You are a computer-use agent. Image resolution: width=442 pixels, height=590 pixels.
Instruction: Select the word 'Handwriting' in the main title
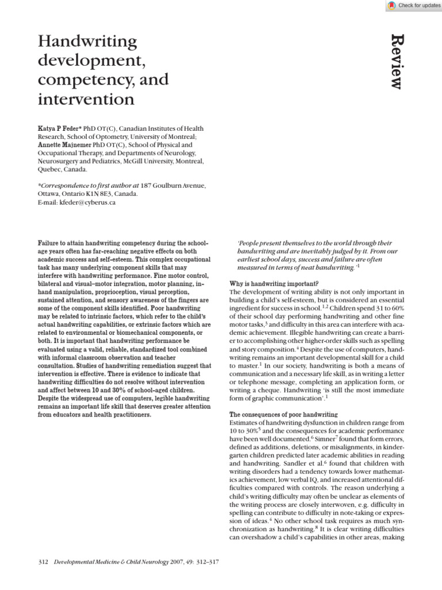click(x=87, y=41)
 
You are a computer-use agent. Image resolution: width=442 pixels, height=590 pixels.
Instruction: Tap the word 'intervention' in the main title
click(x=86, y=100)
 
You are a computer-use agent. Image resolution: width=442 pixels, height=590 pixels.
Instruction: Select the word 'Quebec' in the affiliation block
click(x=50, y=170)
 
